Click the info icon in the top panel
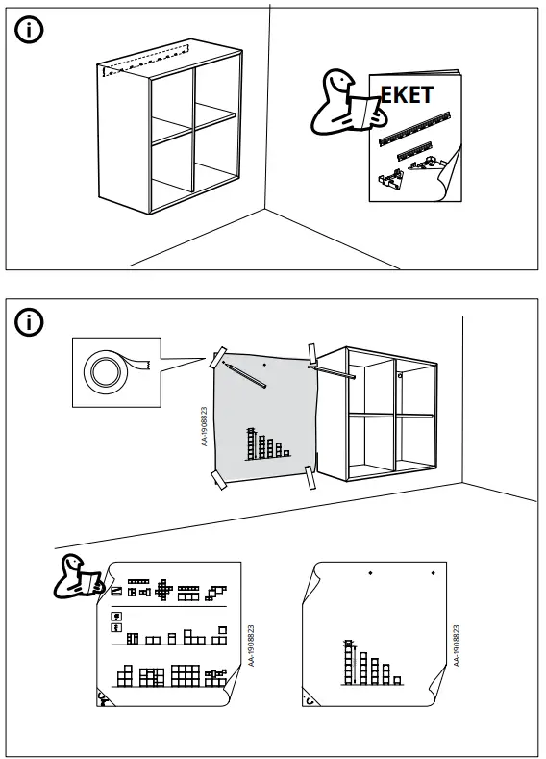(30, 30)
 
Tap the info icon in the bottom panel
(30, 322)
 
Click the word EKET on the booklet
(408, 95)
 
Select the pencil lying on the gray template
(245, 374)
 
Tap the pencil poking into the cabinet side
(333, 370)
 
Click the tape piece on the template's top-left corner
(219, 356)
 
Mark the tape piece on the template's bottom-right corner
(310, 476)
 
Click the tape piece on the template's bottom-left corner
(218, 477)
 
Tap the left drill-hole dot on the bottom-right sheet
(370, 574)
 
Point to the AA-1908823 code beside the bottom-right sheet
(457, 645)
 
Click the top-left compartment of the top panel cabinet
(170, 99)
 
